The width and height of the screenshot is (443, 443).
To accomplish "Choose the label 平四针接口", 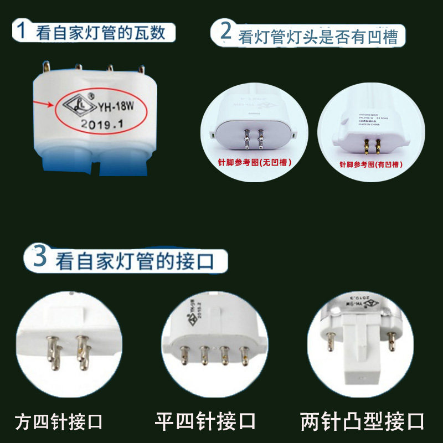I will pos(205,422).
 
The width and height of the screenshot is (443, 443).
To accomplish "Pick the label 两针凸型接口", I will pos(362,422).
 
